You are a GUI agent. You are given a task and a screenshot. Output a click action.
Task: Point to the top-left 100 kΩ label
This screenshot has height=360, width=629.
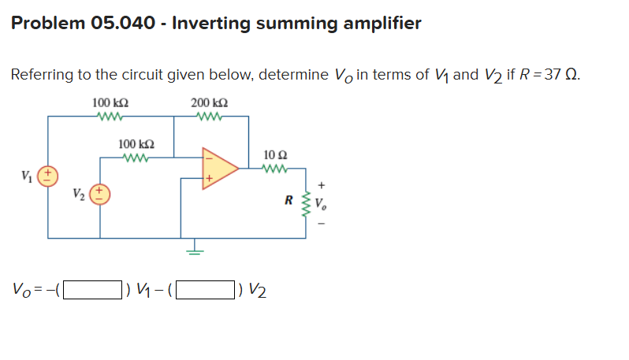coord(110,103)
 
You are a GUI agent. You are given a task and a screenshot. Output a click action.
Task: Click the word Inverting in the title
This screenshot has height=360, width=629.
coord(210,23)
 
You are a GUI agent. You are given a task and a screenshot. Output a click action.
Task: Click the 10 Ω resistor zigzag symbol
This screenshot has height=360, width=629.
coord(277,167)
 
